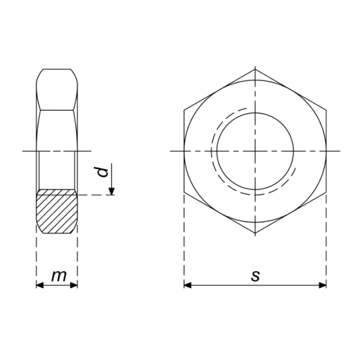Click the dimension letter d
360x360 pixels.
coord(103,172)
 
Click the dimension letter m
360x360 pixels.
coord(58,276)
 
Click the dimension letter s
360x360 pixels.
coord(256,276)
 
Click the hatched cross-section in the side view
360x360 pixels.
coord(57,211)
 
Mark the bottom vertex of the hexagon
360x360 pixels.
coord(255,233)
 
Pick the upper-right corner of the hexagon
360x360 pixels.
coord(326,110)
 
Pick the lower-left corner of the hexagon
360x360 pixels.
coord(184,192)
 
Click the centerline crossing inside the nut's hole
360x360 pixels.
coord(255,151)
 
